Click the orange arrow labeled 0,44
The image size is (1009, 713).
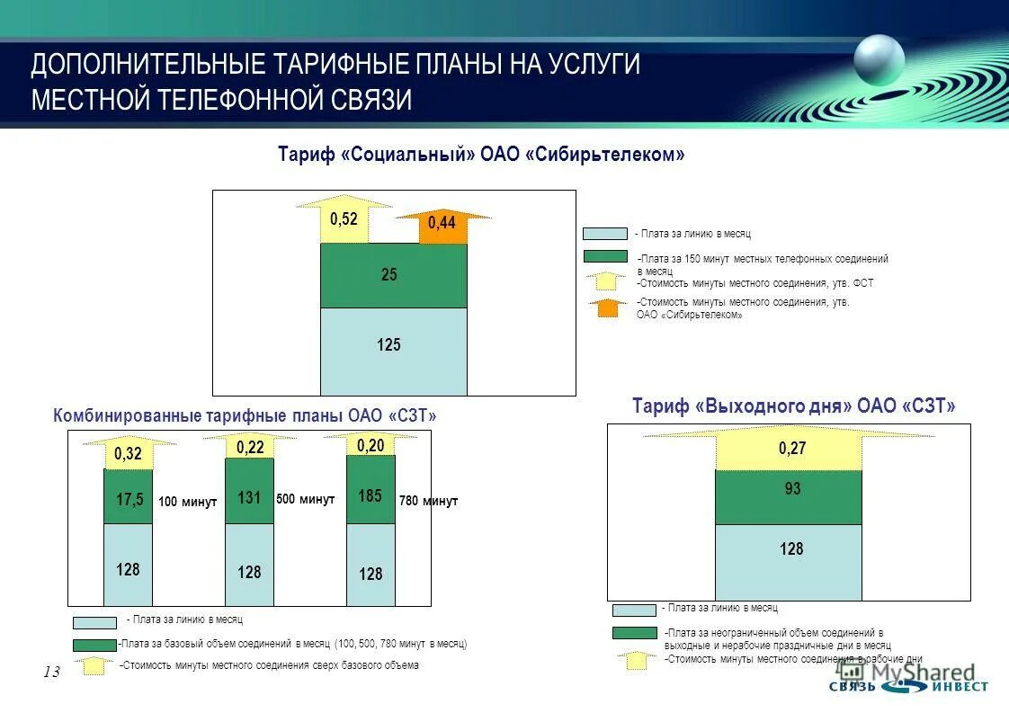(x=442, y=226)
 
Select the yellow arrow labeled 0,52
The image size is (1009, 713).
(x=344, y=221)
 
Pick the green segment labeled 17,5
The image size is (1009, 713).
(x=129, y=497)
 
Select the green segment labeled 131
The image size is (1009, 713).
(x=249, y=492)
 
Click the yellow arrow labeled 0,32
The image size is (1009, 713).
(x=129, y=453)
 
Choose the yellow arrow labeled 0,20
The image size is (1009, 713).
(x=371, y=445)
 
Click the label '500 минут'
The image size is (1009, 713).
(x=306, y=499)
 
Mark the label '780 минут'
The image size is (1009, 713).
(x=429, y=502)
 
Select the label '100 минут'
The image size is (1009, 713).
(x=187, y=503)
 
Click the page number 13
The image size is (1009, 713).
(x=50, y=673)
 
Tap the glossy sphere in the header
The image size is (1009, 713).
(x=879, y=60)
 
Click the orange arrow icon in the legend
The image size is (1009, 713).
(x=608, y=307)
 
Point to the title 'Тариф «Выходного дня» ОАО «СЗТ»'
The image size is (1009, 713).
(x=793, y=406)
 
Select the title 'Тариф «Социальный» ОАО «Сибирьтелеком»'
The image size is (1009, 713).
(x=481, y=155)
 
